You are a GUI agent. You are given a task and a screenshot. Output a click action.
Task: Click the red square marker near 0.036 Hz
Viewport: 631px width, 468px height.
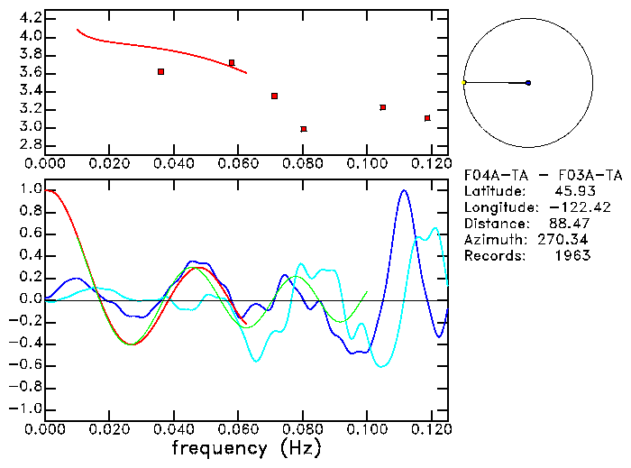(x=160, y=71)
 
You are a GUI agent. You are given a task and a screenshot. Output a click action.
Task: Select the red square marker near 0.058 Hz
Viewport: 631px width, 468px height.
(x=232, y=63)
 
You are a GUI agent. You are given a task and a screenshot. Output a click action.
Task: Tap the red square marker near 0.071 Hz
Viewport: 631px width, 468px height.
(x=274, y=96)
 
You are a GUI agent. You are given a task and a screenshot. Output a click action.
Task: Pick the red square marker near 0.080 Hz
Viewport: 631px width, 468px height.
(x=304, y=129)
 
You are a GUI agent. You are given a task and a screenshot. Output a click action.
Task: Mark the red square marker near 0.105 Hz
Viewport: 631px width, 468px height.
(x=383, y=107)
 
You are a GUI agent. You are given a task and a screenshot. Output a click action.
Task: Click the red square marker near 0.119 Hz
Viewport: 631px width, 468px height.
(x=427, y=118)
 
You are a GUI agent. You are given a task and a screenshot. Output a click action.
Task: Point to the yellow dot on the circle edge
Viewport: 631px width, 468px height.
(x=463, y=83)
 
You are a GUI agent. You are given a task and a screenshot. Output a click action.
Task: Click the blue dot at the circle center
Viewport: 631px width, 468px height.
(x=528, y=83)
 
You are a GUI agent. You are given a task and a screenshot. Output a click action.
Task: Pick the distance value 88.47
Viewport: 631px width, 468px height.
(x=571, y=224)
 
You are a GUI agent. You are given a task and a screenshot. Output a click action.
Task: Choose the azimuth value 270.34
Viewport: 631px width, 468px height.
(x=567, y=240)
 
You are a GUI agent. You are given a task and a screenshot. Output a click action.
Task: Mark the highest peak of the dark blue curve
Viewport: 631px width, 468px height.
(x=404, y=190)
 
